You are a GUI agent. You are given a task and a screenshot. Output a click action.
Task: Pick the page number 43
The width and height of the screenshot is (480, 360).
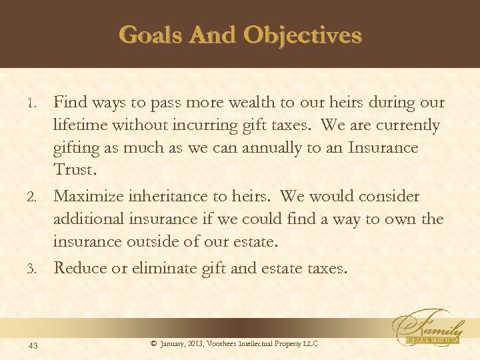(x=33, y=344)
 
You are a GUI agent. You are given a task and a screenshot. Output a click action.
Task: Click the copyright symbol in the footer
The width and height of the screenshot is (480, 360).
(x=154, y=343)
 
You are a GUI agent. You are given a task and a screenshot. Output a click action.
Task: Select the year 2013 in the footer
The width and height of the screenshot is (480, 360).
(x=197, y=343)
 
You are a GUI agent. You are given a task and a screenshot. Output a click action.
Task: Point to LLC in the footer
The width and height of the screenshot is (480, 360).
(x=310, y=343)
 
